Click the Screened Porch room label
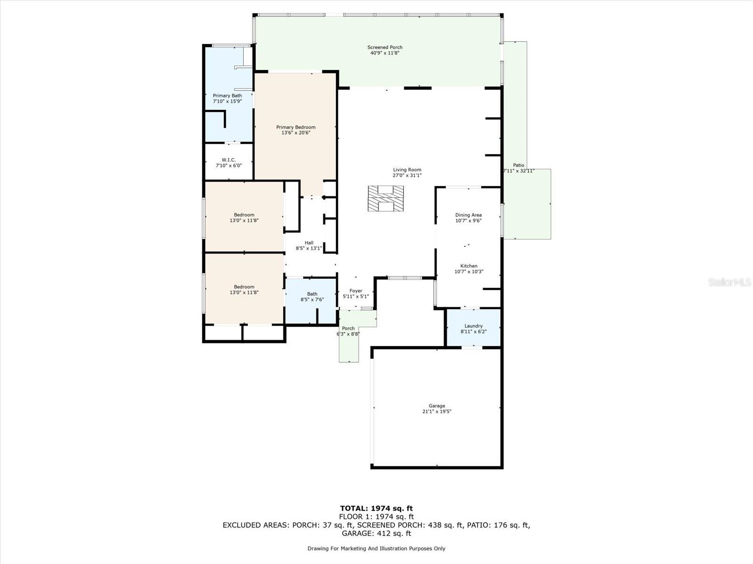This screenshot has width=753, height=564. point(385,47)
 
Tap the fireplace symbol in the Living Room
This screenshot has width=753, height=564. point(385,199)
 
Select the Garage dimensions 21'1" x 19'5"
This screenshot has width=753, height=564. point(437,412)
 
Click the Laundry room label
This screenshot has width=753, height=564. point(473,326)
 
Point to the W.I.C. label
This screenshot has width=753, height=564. point(229,160)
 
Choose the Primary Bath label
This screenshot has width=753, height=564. point(227,96)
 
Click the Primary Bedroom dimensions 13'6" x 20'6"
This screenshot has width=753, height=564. point(296,133)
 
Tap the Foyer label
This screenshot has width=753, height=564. point(356,291)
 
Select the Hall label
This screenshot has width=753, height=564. point(309,243)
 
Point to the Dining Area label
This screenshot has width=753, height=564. point(468,215)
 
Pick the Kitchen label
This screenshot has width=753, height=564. point(469,266)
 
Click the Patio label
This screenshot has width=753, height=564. point(519,165)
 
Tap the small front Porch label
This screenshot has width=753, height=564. point(348,329)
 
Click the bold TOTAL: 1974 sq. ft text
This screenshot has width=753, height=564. point(376,508)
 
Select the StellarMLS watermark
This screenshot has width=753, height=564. point(729,282)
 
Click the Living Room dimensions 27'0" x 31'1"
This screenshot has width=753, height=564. point(407,175)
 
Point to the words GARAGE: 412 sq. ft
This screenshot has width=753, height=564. point(376,533)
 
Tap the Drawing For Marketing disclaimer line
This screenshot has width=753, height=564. point(376,548)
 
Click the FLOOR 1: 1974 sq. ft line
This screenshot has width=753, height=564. point(376,517)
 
